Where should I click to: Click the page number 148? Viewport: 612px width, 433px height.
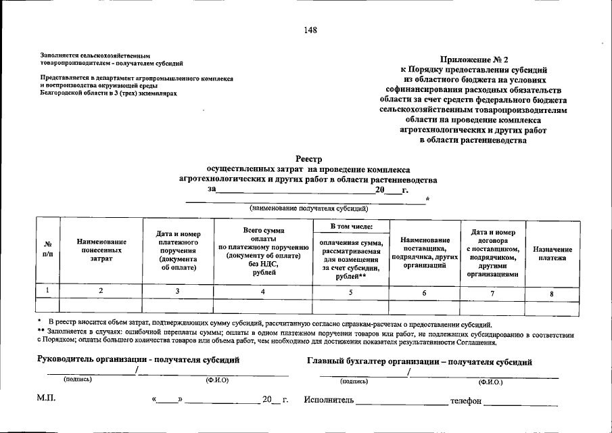[x=310, y=30]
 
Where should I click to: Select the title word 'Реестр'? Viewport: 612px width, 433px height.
[x=308, y=158]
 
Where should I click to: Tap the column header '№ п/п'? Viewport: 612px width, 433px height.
[x=47, y=249]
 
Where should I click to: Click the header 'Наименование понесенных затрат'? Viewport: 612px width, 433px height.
[x=101, y=250]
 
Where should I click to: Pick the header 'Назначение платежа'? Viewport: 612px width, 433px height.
[x=552, y=253]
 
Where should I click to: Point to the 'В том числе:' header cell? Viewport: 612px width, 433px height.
[x=351, y=226]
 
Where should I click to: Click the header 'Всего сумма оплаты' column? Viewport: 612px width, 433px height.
[x=264, y=251]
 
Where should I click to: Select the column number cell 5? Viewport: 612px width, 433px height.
[x=351, y=292]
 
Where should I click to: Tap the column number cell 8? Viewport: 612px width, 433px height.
[x=552, y=292]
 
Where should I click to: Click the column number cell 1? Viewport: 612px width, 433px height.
[x=47, y=290]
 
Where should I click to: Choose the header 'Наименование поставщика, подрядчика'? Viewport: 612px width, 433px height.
[x=425, y=252]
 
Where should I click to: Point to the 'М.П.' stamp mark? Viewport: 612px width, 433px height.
[x=46, y=399]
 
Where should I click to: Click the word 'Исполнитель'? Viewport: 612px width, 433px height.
[x=329, y=401]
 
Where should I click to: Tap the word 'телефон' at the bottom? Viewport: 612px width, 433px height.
[x=466, y=401]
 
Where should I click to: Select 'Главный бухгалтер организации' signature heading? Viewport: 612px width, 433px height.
[x=419, y=362]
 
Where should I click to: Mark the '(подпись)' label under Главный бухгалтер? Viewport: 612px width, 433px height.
[x=354, y=381]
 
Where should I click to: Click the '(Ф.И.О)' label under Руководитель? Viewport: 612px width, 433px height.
[x=216, y=380]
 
